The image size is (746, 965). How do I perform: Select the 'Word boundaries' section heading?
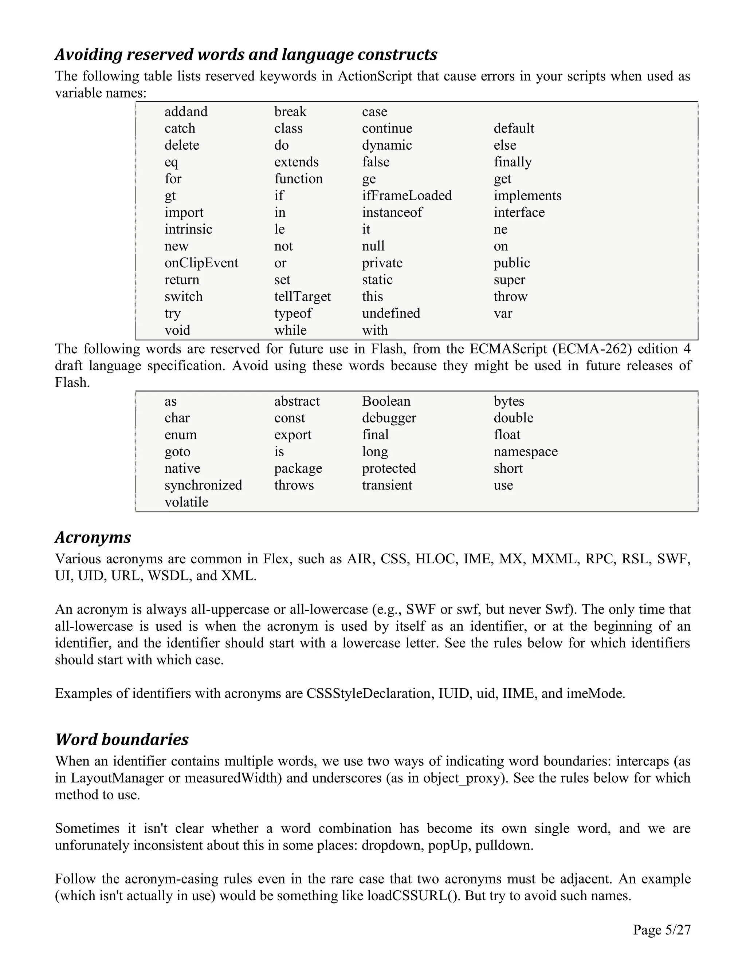122,740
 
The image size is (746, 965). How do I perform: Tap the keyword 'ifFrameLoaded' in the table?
407,195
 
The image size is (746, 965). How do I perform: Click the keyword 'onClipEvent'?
201,263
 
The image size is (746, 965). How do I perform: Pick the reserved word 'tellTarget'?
302,296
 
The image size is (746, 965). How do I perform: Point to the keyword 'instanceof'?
392,213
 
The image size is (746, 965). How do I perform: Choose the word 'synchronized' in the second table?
203,485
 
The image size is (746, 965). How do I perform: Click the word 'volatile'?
186,502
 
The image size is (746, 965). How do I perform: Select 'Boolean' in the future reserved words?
386,401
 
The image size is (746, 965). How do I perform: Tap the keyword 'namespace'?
526,452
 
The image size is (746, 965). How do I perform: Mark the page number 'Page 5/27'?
661,930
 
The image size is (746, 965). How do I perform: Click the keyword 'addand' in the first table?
186,112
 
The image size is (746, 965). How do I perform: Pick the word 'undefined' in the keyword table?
391,313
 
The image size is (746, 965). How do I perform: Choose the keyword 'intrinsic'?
188,229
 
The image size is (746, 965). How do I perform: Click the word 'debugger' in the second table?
389,418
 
